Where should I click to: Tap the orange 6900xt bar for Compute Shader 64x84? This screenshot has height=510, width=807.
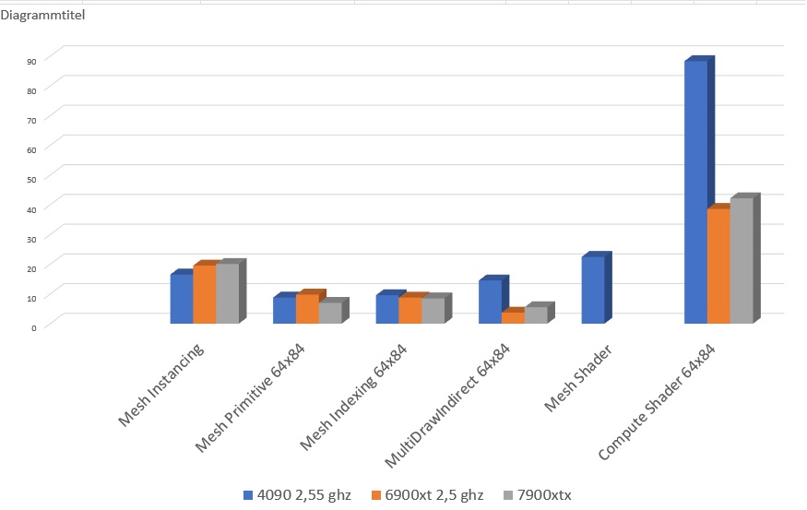[718, 267]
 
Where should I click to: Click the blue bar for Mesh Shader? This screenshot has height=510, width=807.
[592, 290]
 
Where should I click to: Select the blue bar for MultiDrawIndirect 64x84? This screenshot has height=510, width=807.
[490, 302]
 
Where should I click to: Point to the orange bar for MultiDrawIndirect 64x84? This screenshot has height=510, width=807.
[513, 317]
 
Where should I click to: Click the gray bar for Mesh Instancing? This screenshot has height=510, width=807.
[227, 293]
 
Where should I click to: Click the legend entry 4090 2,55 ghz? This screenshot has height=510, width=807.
[297, 495]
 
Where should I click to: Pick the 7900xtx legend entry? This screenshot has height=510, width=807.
[540, 495]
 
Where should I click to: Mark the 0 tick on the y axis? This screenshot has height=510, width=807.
[33, 326]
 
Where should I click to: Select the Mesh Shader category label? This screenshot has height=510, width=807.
[578, 379]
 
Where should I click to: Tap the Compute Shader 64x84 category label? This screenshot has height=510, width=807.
[659, 401]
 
